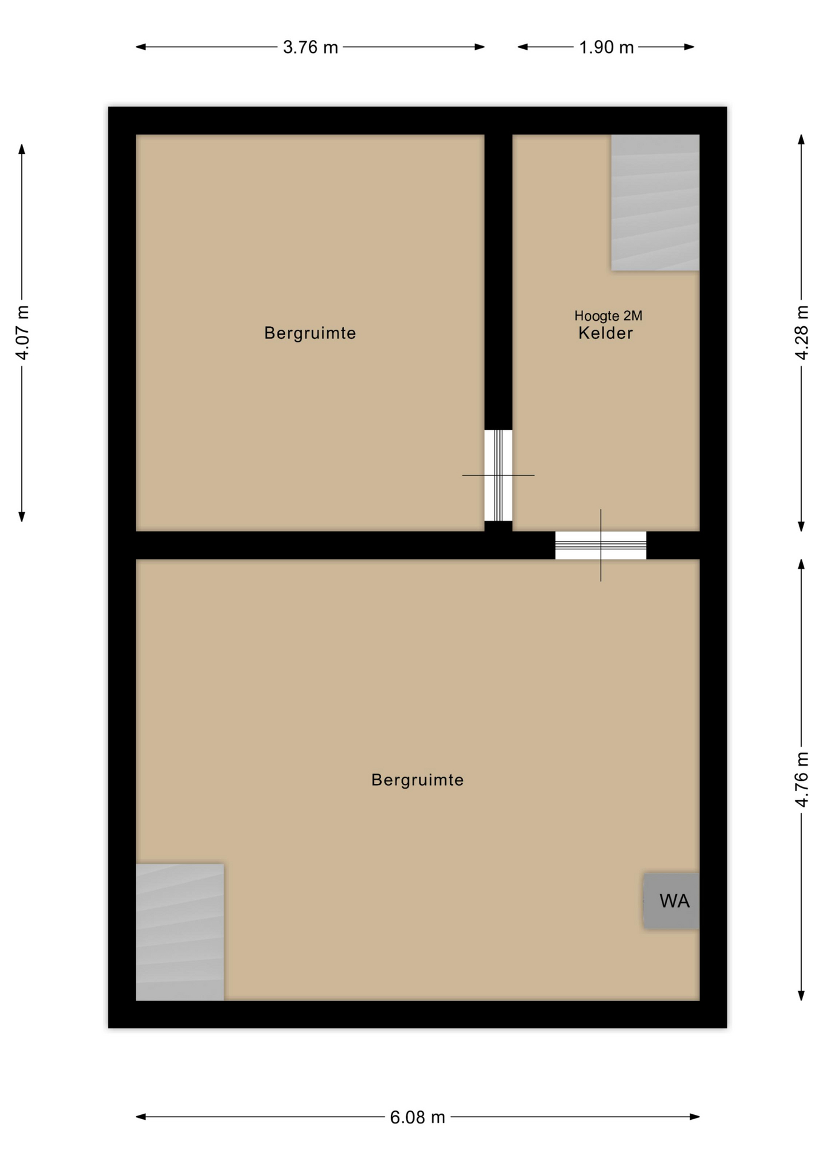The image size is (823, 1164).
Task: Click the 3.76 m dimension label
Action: [x=310, y=47]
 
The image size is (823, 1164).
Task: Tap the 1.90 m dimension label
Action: [x=606, y=47]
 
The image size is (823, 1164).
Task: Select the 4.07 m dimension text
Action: [x=22, y=333]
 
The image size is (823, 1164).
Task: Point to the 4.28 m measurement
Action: [x=802, y=333]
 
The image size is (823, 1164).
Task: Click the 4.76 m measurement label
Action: [x=802, y=780]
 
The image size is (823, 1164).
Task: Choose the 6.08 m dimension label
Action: [x=418, y=1117]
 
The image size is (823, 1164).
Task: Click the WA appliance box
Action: [x=671, y=901]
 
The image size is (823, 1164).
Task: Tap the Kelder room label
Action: [x=606, y=333]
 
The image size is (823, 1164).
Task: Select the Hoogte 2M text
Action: [x=608, y=316]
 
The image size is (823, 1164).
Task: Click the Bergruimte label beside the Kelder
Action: [x=310, y=333]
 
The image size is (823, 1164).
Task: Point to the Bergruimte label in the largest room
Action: [x=418, y=780]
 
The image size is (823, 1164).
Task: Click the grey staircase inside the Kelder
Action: [x=655, y=202]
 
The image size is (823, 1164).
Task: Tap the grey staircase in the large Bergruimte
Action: [x=180, y=932]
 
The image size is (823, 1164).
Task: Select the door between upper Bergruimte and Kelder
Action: [x=498, y=475]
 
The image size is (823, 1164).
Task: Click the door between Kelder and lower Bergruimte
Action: [x=601, y=545]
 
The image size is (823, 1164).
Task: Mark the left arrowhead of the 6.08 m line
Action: [x=140, y=1117]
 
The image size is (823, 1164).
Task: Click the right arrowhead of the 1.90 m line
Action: [x=690, y=47]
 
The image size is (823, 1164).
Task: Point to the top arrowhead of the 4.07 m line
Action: [x=22, y=149]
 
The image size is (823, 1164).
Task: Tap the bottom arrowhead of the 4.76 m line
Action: [x=801, y=995]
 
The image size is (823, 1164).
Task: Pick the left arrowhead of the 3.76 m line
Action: [x=140, y=47]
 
